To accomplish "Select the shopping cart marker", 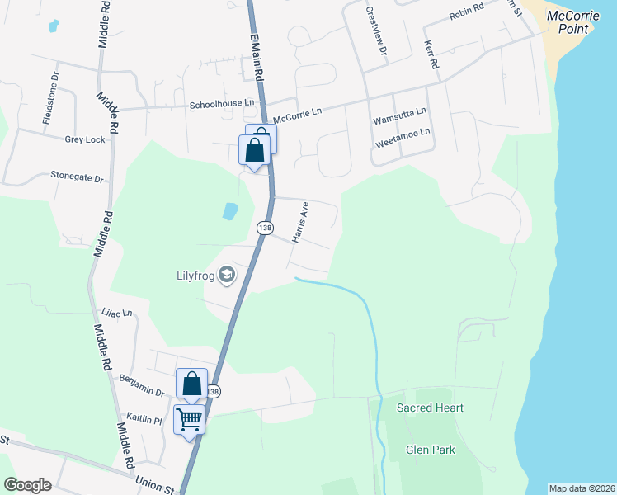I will [189, 420].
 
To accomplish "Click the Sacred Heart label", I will [430, 408].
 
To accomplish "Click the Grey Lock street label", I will [85, 139].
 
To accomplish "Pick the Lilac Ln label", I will [116, 313].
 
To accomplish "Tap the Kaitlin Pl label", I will [144, 419].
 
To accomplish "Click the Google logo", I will [27, 485].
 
